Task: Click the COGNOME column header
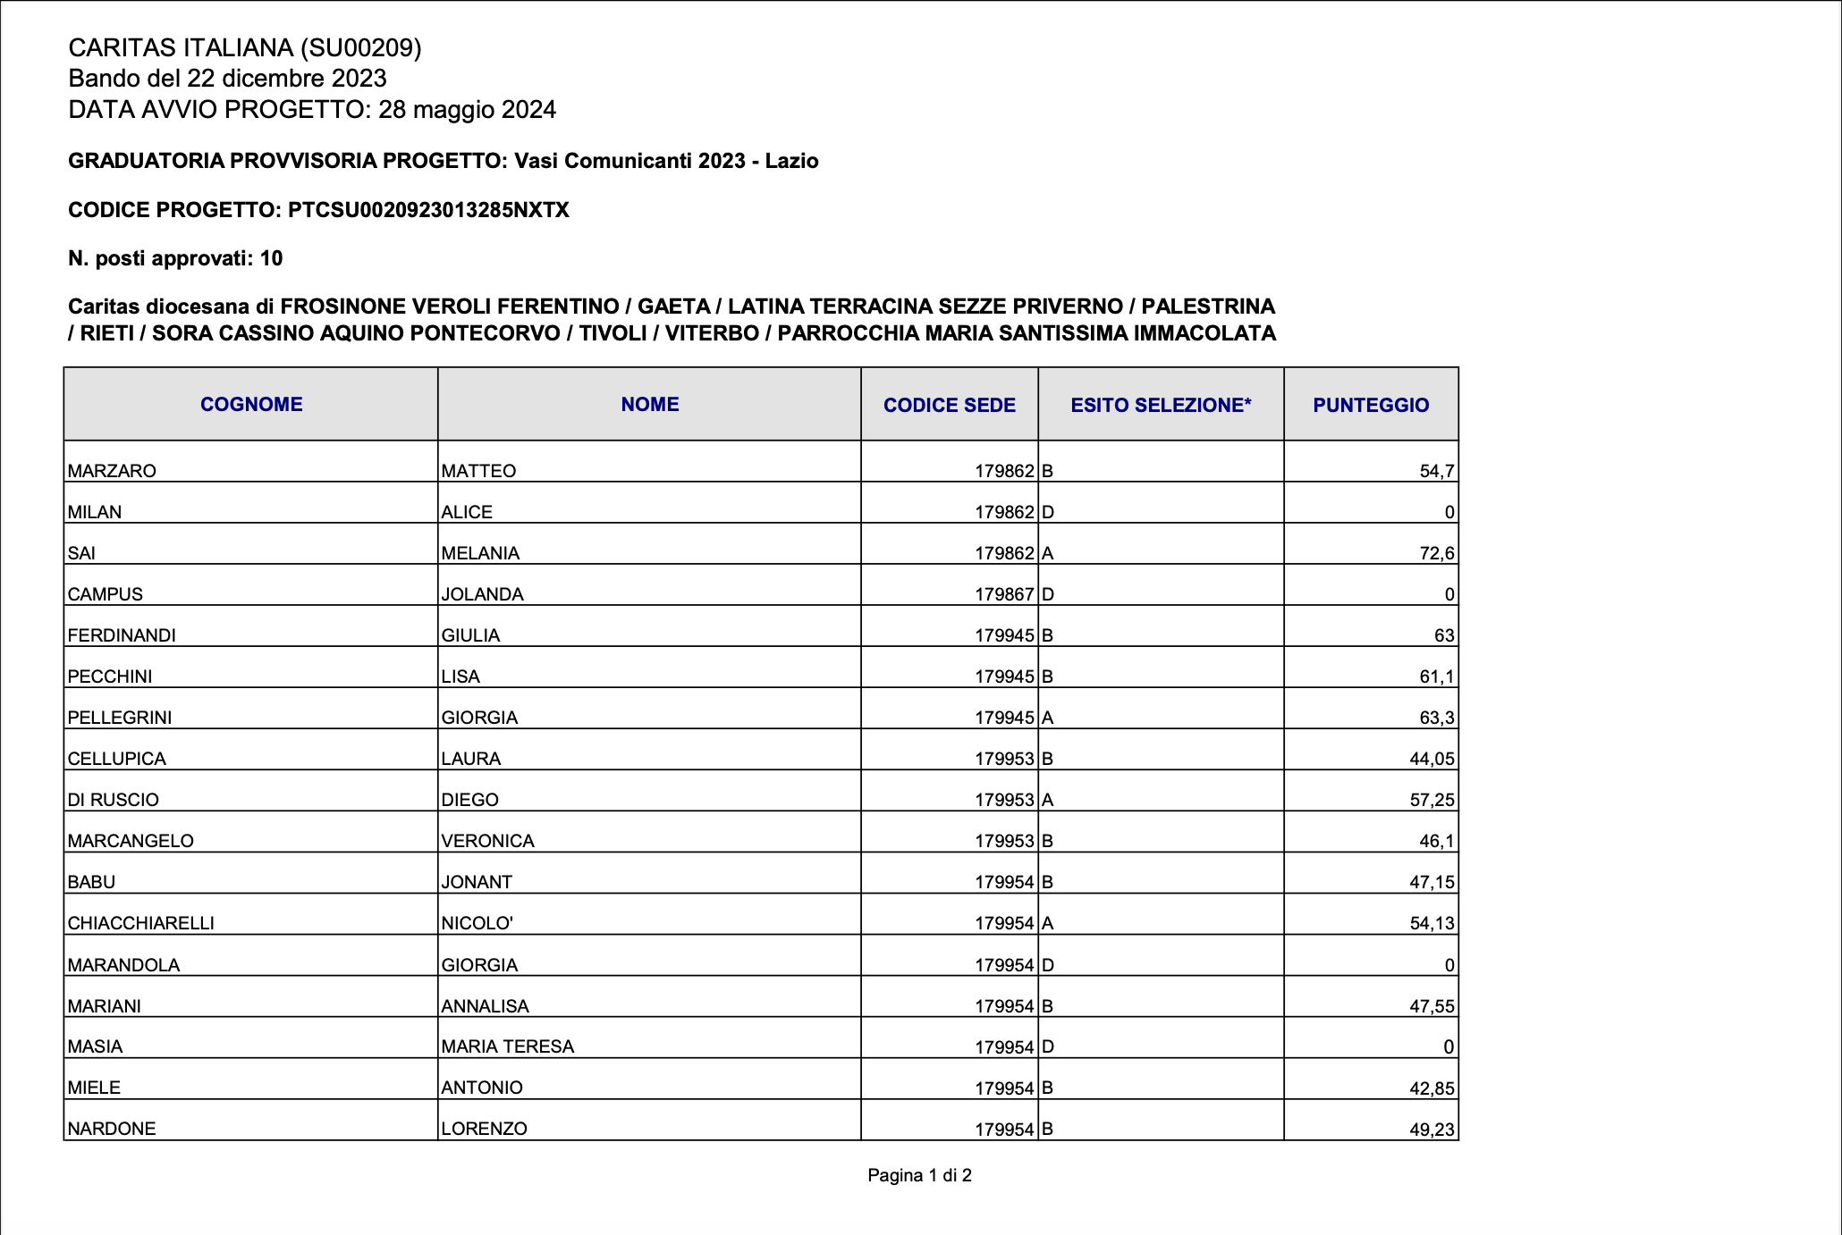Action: click(251, 405)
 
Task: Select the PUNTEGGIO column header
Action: click(1371, 406)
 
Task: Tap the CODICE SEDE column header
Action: click(949, 406)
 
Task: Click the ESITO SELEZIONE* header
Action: click(1161, 406)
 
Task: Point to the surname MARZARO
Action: click(112, 471)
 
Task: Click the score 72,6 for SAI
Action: click(1436, 553)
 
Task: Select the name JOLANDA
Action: click(482, 594)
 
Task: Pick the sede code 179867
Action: click(1003, 594)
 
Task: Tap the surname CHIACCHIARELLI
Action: click(141, 923)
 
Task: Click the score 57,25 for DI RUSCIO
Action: click(1432, 800)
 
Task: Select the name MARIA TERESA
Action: click(507, 1046)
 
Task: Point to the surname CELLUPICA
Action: click(117, 759)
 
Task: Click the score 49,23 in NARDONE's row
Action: click(1432, 1130)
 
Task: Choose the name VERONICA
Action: click(487, 841)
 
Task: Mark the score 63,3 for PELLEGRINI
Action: click(1436, 718)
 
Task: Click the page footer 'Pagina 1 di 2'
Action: click(919, 1175)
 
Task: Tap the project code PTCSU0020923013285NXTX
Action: click(428, 210)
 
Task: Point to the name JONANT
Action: click(477, 882)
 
